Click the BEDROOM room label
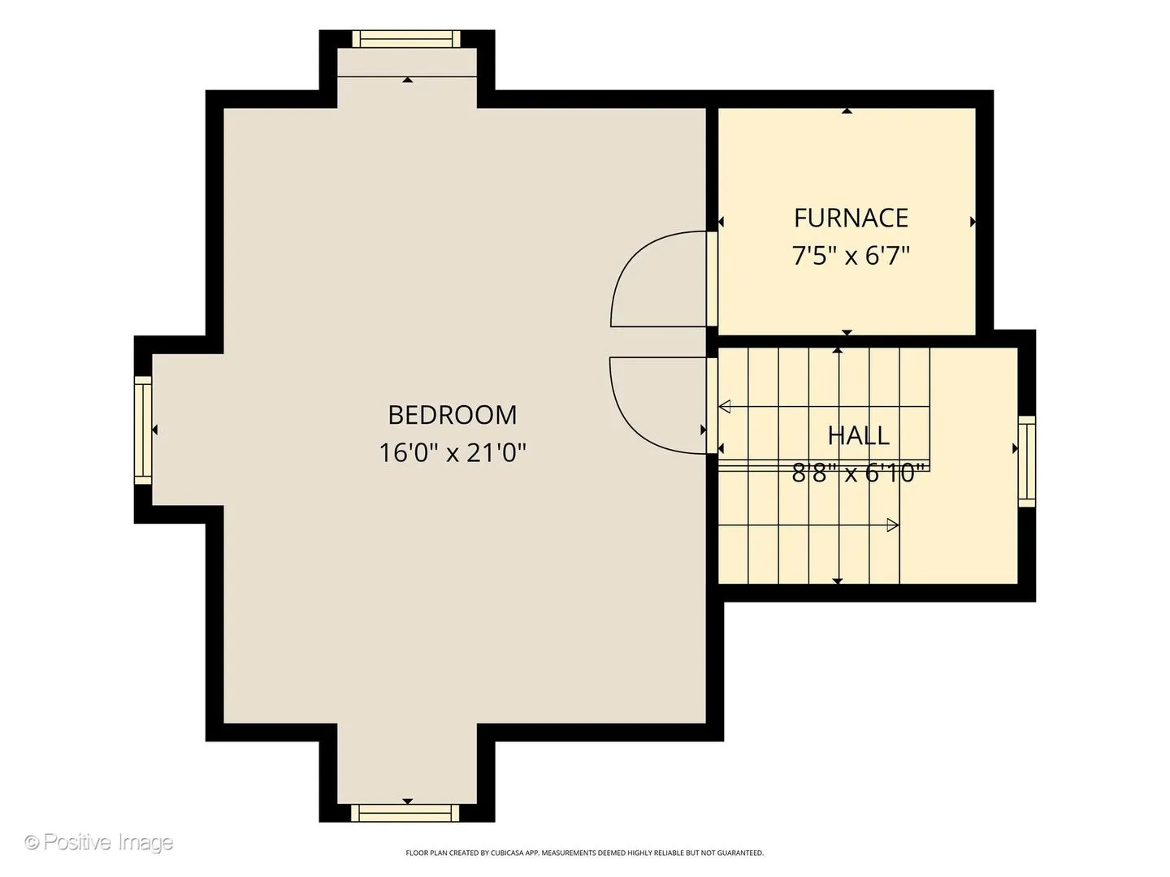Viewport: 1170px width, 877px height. click(452, 415)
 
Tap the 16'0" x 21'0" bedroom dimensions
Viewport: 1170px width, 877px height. click(452, 453)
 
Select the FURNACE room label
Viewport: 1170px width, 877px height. click(851, 218)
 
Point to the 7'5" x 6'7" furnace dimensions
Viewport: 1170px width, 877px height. click(851, 256)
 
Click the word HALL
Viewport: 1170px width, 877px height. click(858, 435)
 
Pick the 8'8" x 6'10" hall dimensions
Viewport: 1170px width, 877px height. click(858, 473)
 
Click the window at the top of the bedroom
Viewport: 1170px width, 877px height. click(406, 39)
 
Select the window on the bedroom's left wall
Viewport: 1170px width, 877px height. click(143, 430)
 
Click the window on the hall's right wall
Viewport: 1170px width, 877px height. click(1027, 461)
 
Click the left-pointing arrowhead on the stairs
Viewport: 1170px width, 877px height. click(725, 407)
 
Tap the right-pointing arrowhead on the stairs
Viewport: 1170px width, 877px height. click(893, 525)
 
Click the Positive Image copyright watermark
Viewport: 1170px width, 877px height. click(99, 842)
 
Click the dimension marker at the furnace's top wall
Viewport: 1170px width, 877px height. click(847, 110)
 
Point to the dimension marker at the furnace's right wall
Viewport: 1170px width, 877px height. click(973, 222)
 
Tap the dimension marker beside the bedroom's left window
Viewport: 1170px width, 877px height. click(155, 430)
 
